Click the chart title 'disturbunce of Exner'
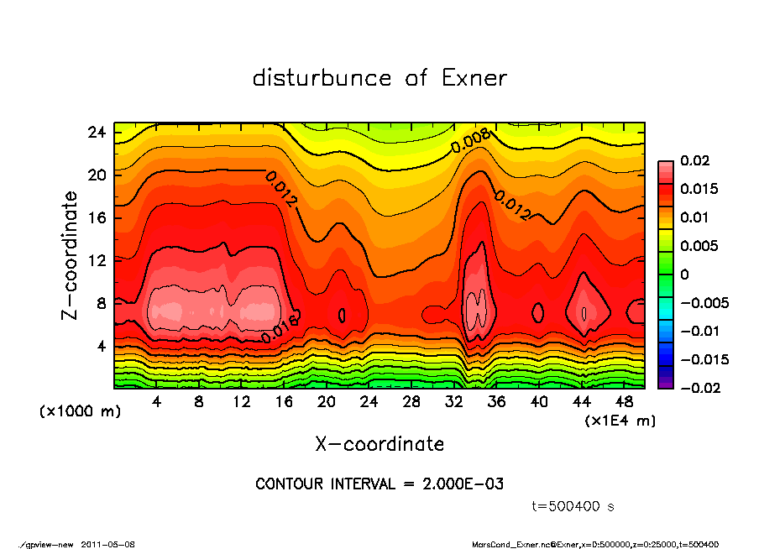pyautogui.click(x=379, y=78)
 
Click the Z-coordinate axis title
pyautogui.click(x=71, y=255)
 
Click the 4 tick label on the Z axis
pyautogui.click(x=100, y=345)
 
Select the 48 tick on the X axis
pyautogui.click(x=624, y=402)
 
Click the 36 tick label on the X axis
pyautogui.click(x=496, y=402)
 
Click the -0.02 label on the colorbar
pyautogui.click(x=699, y=388)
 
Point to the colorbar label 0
pyautogui.click(x=684, y=274)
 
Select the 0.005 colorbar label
pyautogui.click(x=699, y=246)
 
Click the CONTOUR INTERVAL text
pyautogui.click(x=379, y=484)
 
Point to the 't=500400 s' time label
pyautogui.click(x=573, y=506)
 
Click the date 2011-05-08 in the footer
pyautogui.click(x=108, y=544)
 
